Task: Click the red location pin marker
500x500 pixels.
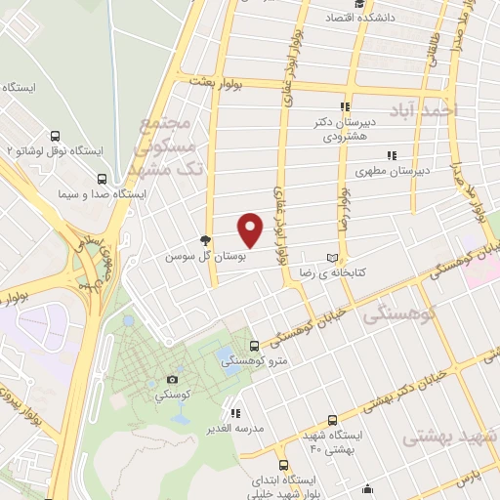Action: pyautogui.click(x=251, y=229)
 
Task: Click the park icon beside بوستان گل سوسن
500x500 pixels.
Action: pyautogui.click(x=205, y=239)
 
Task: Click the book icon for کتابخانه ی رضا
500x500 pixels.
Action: pyautogui.click(x=332, y=257)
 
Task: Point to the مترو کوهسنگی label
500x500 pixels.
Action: pyautogui.click(x=246, y=360)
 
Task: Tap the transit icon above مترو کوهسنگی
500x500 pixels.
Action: pyautogui.click(x=255, y=345)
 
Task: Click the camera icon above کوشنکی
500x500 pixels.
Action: pyautogui.click(x=173, y=379)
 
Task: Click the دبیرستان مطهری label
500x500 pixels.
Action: pyautogui.click(x=392, y=171)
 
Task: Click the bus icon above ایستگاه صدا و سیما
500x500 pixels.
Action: pyautogui.click(x=103, y=179)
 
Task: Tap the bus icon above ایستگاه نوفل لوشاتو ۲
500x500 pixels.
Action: pyautogui.click(x=54, y=137)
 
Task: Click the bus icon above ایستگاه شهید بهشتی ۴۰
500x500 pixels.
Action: pyautogui.click(x=333, y=419)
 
